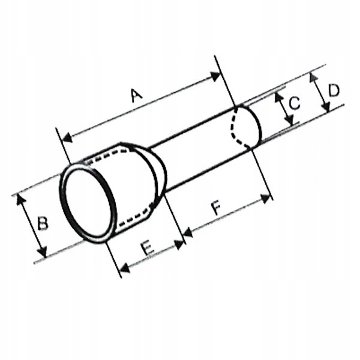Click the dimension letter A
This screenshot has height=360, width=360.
click(137, 94)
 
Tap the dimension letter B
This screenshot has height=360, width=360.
click(42, 223)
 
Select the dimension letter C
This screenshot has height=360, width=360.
click(293, 103)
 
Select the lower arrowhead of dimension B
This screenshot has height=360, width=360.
click(41, 253)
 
